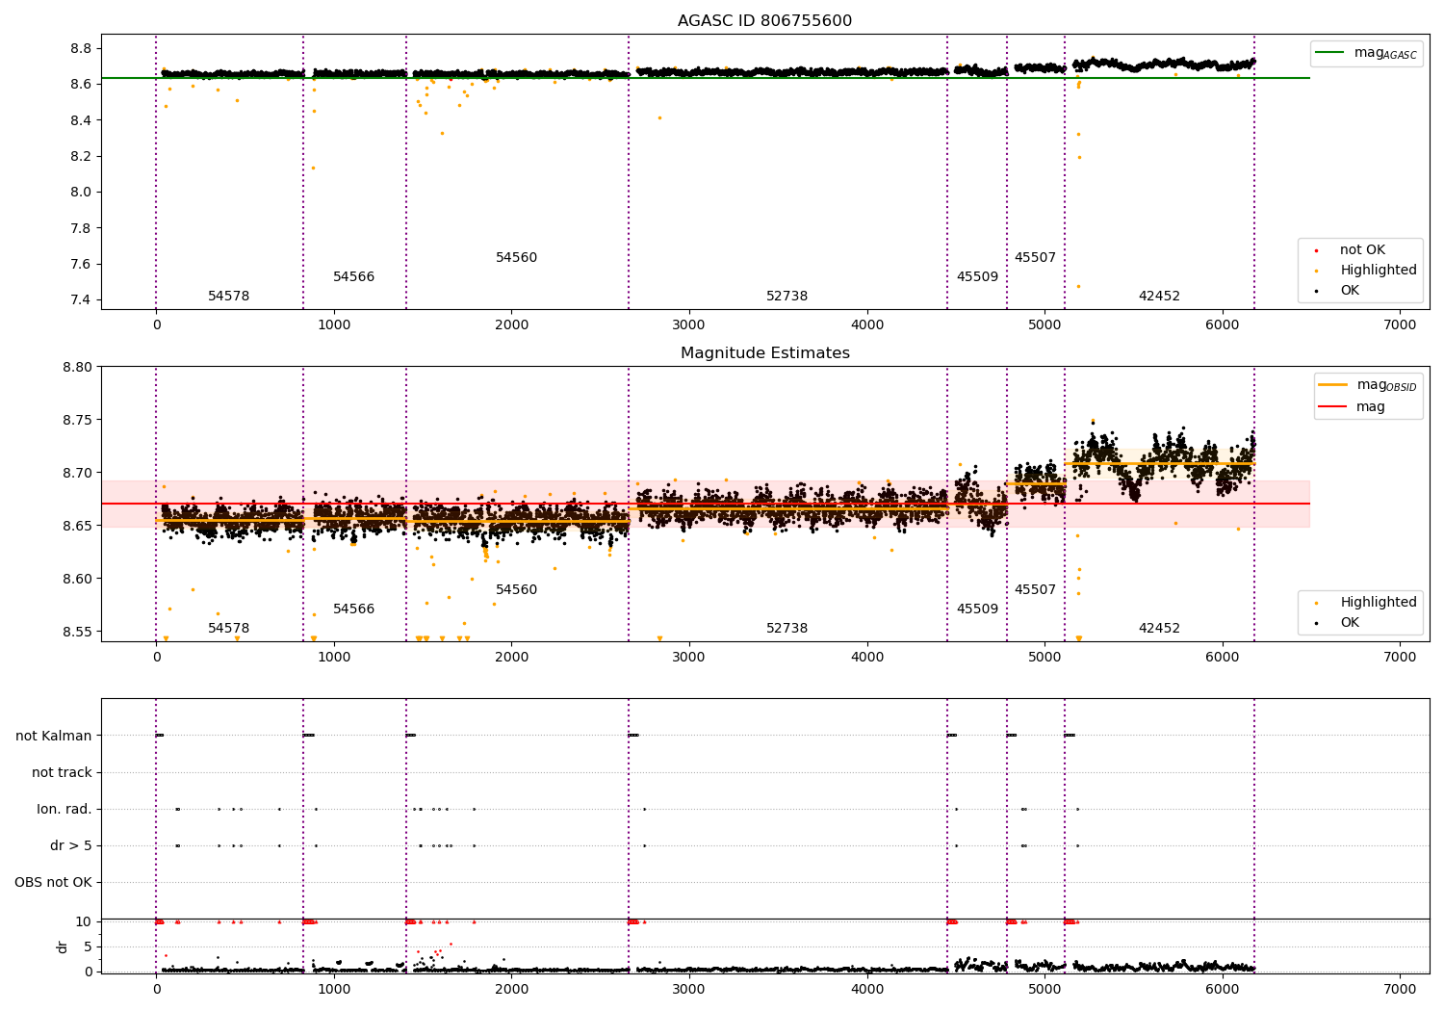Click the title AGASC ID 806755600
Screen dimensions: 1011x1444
click(x=764, y=21)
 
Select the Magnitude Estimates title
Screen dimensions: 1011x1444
click(x=764, y=353)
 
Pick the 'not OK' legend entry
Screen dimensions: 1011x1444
click(x=1361, y=250)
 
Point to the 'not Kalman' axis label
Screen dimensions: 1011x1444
click(x=54, y=736)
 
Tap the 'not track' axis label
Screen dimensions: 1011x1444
click(x=62, y=772)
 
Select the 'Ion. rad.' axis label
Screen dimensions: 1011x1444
click(x=64, y=809)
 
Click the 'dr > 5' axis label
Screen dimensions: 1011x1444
click(x=70, y=845)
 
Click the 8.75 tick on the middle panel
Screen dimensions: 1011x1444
click(x=77, y=420)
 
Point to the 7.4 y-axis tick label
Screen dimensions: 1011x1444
click(x=81, y=300)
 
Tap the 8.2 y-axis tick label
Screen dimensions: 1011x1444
click(x=81, y=156)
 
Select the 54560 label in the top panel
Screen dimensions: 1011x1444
click(x=516, y=258)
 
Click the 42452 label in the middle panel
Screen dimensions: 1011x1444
click(x=1159, y=629)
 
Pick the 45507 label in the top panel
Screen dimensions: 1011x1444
click(x=1035, y=258)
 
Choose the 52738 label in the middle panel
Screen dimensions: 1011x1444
click(x=786, y=629)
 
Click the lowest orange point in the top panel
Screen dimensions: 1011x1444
click(x=1078, y=286)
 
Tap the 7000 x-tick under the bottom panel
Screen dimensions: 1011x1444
click(x=1400, y=989)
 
